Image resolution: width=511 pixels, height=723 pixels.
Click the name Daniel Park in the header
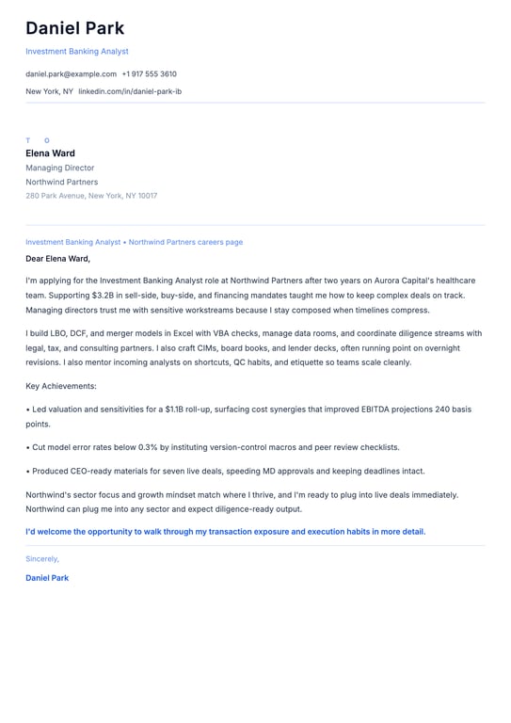coord(74,28)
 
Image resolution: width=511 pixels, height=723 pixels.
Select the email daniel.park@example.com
coord(71,73)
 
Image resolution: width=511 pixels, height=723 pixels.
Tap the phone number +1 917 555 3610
coord(149,73)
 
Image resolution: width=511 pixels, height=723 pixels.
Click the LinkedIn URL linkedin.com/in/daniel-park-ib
coord(130,91)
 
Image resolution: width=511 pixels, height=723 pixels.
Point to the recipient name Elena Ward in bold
coord(50,153)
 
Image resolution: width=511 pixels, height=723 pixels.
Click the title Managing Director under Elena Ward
coord(59,168)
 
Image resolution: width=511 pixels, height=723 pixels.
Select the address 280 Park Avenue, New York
coord(91,196)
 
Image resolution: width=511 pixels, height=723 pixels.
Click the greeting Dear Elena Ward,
coord(57,258)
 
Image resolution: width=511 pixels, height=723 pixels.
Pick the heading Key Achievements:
coord(61,386)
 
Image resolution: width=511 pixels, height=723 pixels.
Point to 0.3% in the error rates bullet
coord(148,447)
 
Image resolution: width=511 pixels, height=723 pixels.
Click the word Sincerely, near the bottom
coord(42,558)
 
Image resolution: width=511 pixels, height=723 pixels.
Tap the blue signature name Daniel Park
coord(47,578)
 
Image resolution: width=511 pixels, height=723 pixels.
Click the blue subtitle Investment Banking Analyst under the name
coord(77,52)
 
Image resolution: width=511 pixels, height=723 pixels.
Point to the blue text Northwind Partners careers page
coord(185,242)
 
